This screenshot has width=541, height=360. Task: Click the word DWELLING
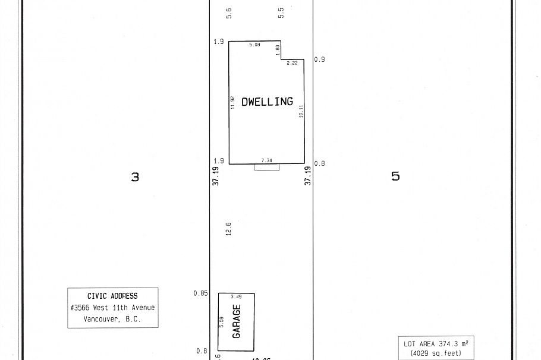point(267,102)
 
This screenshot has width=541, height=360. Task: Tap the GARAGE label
point(237,322)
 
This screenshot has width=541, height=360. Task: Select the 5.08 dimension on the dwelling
point(254,45)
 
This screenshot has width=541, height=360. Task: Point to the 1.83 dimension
point(277,50)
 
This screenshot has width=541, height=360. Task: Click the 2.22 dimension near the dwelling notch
point(292,63)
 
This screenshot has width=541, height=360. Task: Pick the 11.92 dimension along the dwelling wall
point(233,102)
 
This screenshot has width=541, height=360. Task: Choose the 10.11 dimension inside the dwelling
point(301,111)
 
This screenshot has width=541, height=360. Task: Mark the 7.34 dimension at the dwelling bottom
point(266,160)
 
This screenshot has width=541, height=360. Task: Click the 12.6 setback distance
point(228,229)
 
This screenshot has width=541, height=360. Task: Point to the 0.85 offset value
point(201,293)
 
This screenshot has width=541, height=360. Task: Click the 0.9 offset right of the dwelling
point(320,59)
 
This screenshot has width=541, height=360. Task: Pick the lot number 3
point(135,176)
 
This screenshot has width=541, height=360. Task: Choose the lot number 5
point(395,176)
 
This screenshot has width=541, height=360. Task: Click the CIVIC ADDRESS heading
point(112,296)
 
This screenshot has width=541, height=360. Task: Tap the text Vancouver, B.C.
point(112,319)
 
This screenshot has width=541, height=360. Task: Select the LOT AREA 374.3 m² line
point(436,344)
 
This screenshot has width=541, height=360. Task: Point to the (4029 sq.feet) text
point(436,353)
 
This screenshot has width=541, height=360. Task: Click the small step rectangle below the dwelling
point(267,168)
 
